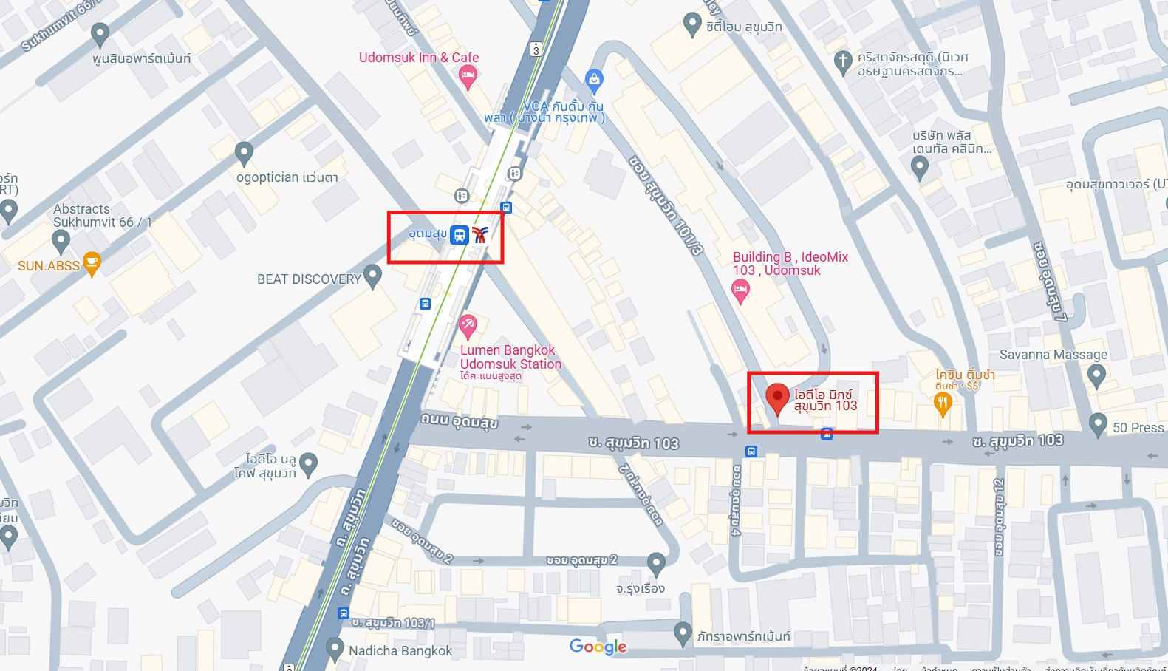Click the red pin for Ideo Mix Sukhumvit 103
776,398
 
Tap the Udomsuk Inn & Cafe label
418,58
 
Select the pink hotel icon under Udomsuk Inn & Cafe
467,75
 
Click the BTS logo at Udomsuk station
480,235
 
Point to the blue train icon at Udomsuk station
460,235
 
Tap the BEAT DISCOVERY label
309,279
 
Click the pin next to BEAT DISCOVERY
372,276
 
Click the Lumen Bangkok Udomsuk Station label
510,357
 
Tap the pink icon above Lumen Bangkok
467,325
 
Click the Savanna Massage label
1053,355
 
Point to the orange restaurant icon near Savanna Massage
942,403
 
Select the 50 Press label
1138,427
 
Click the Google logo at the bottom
598,647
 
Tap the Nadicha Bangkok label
400,650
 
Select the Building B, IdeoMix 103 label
790,263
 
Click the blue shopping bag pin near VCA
594,79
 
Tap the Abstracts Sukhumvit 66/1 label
102,216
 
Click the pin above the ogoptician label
244,153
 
